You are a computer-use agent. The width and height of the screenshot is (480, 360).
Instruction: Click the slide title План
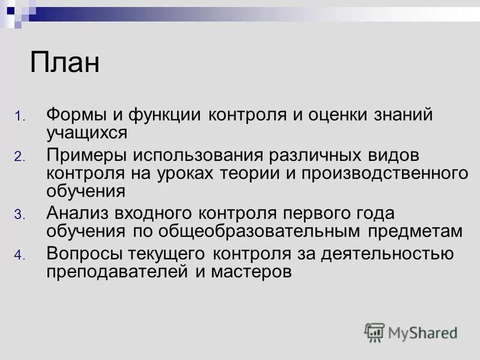(x=65, y=63)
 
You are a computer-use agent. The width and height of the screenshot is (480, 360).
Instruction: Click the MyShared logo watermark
(x=412, y=332)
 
